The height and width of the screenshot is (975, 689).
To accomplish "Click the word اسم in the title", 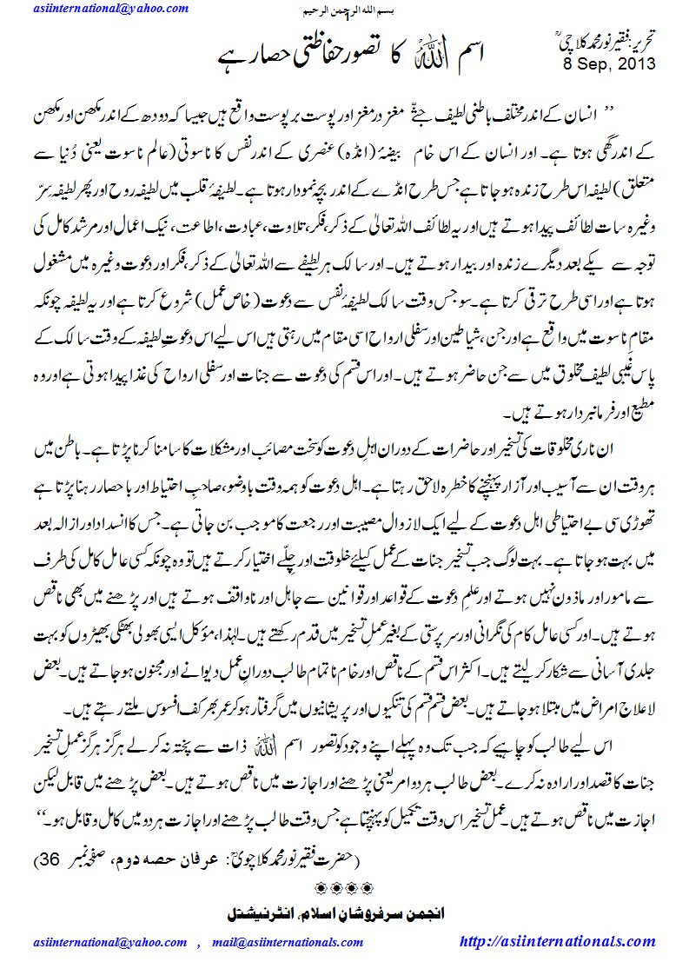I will click(495, 57).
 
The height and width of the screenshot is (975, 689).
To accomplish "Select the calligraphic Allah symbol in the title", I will click(452, 57).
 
